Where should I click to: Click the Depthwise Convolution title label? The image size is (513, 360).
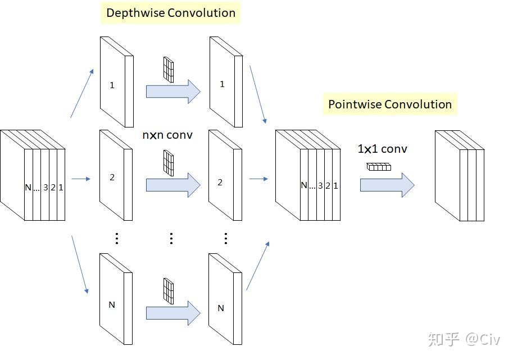[170, 13]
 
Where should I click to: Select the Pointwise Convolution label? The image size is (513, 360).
[389, 104]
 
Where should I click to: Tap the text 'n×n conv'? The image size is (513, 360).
[168, 135]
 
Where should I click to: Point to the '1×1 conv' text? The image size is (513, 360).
[382, 149]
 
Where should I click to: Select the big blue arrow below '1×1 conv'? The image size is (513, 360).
[387, 185]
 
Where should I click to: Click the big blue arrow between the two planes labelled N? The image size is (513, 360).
[173, 313]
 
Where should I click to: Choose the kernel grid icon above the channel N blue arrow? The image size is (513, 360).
[168, 289]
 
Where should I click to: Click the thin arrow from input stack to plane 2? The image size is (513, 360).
[81, 179]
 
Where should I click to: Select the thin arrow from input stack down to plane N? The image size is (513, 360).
[80, 265]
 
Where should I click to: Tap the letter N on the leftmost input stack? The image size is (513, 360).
[28, 188]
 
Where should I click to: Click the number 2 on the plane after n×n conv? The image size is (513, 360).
[220, 183]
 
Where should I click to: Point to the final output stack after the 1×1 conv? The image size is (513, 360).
[459, 175]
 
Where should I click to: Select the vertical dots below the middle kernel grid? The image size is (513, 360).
[171, 238]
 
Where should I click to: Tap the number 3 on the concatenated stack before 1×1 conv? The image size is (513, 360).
[320, 185]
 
